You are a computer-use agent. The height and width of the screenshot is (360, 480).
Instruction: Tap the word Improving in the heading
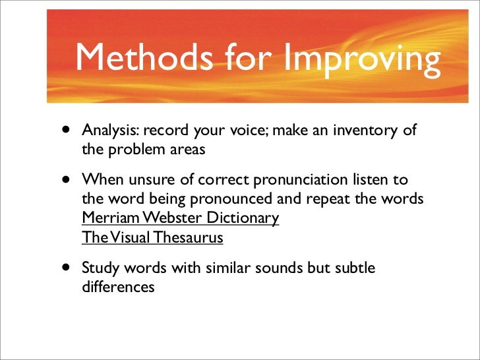(x=362, y=59)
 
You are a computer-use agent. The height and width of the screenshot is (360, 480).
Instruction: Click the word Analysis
(x=108, y=131)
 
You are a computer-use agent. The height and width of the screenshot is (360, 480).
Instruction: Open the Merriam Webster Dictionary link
(x=180, y=218)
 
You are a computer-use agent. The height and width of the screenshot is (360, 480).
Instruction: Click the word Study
(x=99, y=269)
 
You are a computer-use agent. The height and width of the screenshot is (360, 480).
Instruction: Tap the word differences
(x=118, y=287)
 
